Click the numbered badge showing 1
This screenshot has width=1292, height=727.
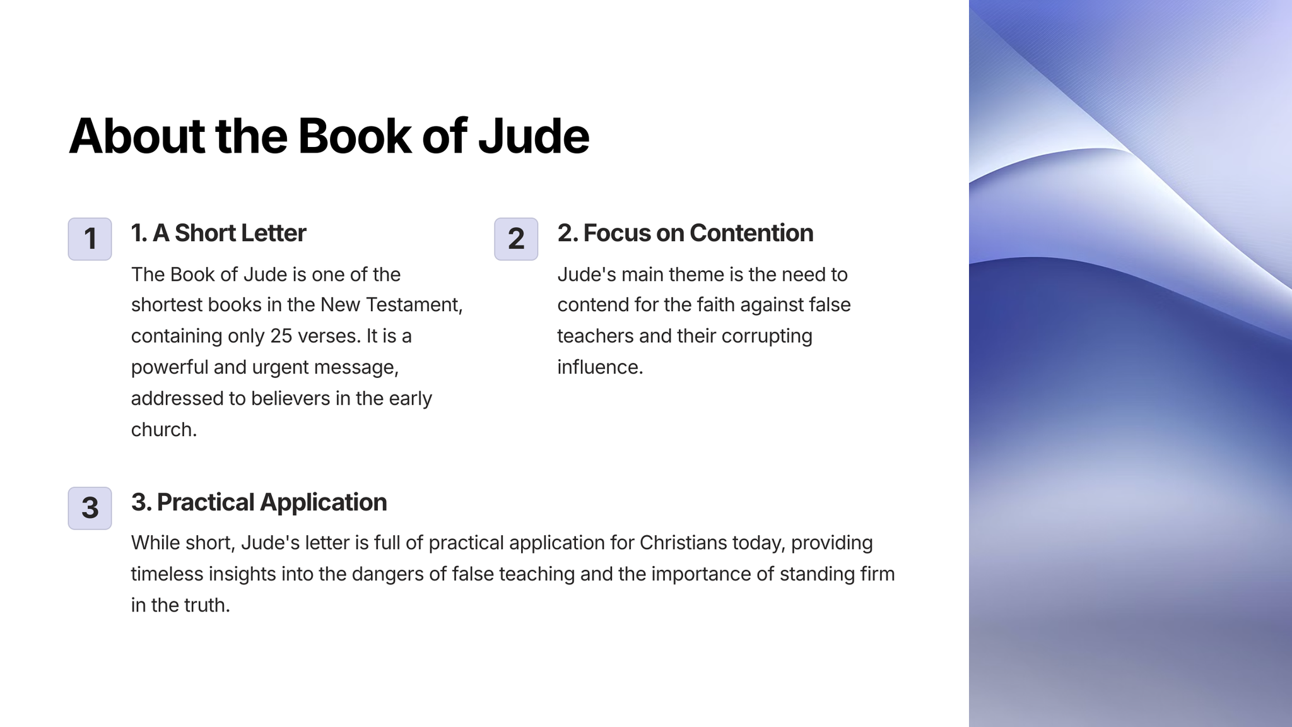(90, 239)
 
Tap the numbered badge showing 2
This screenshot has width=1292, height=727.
(516, 239)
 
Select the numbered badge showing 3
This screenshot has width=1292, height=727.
(90, 508)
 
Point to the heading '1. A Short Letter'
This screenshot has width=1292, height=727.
(218, 233)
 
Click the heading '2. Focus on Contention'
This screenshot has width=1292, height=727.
(685, 233)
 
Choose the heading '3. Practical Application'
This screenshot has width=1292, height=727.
(259, 502)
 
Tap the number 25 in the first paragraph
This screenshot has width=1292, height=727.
(281, 336)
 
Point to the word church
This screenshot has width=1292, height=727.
(164, 429)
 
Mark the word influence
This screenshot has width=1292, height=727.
(600, 367)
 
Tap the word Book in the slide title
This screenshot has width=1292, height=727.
(355, 136)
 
